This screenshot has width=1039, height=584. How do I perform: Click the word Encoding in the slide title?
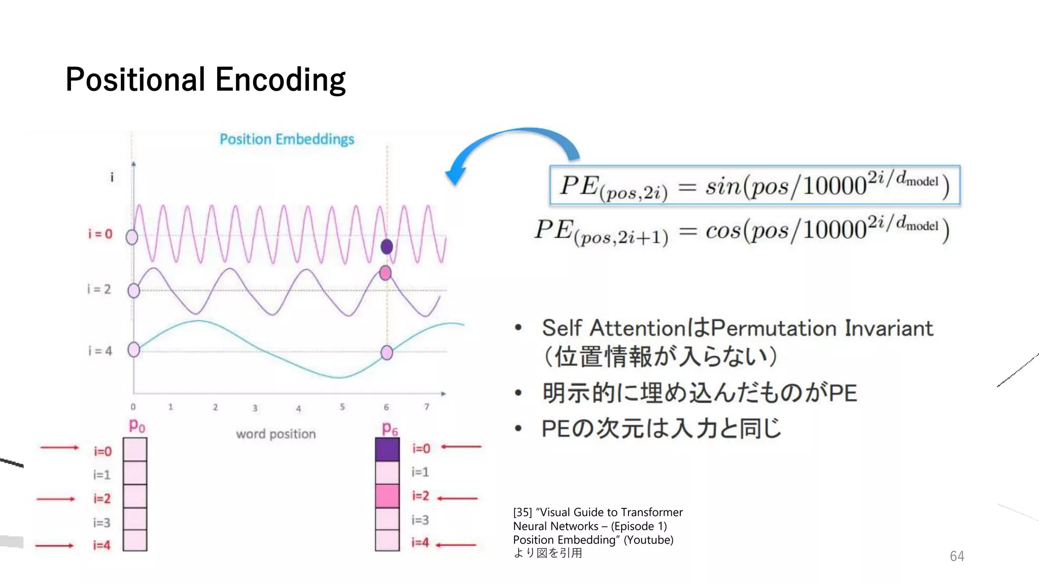[280, 80]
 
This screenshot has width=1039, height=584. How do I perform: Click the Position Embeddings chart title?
[287, 139]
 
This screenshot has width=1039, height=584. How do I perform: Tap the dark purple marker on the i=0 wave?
[387, 247]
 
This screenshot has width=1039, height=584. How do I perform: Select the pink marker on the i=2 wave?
[386, 273]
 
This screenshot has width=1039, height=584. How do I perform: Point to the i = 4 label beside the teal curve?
[100, 351]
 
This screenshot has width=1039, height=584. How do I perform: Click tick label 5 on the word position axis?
[342, 407]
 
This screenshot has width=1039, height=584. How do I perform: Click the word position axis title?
[275, 434]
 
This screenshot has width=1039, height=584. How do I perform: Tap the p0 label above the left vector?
[137, 425]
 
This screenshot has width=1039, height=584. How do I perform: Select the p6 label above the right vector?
[390, 429]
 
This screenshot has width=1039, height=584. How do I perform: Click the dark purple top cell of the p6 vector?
[387, 450]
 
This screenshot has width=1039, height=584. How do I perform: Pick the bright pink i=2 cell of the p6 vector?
[387, 496]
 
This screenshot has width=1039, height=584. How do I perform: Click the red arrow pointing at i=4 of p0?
[54, 545]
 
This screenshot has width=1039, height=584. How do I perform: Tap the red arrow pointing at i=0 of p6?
[461, 447]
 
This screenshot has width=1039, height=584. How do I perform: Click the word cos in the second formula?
[723, 231]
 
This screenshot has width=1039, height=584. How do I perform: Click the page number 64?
[957, 556]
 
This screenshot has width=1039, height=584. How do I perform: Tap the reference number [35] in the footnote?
[523, 512]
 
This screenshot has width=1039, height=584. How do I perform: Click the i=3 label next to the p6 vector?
[420, 520]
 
